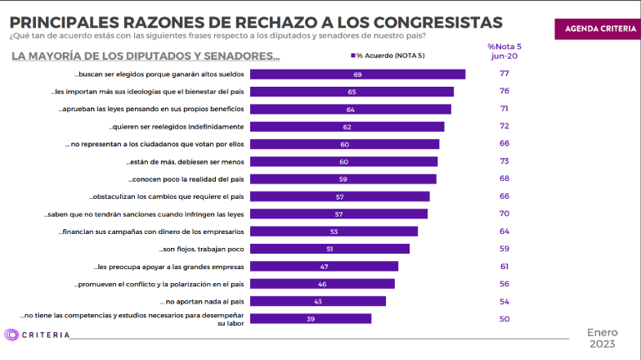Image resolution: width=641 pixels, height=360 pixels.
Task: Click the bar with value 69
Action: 357,74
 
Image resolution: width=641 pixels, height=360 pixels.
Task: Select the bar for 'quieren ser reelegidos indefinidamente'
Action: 347,127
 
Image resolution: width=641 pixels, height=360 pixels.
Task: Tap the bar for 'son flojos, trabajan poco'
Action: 329,249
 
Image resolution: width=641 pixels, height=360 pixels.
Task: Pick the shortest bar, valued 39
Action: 311,318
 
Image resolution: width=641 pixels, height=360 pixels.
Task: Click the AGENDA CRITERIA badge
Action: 597,28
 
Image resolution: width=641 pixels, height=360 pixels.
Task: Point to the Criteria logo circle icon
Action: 11,335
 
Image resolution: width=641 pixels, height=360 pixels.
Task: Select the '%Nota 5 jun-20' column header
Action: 504,52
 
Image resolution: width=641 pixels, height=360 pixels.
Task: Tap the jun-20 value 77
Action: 504,74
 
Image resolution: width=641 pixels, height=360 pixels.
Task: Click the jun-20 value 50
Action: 504,318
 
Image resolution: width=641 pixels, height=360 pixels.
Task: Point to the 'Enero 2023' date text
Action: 604,339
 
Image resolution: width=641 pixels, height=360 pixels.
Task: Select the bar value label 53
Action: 334,232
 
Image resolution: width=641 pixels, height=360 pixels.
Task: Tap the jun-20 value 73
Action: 504,161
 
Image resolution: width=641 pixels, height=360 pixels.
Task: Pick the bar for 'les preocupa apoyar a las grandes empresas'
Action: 324,266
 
